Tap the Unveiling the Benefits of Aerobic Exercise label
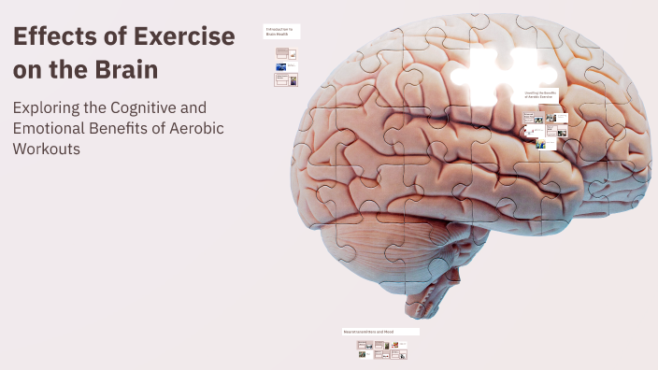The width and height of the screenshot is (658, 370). [x=541, y=96]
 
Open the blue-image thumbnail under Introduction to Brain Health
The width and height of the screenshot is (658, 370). [x=281, y=67]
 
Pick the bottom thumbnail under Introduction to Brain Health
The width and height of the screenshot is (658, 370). [x=286, y=81]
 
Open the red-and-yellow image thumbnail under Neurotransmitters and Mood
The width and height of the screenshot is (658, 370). [x=395, y=345]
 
